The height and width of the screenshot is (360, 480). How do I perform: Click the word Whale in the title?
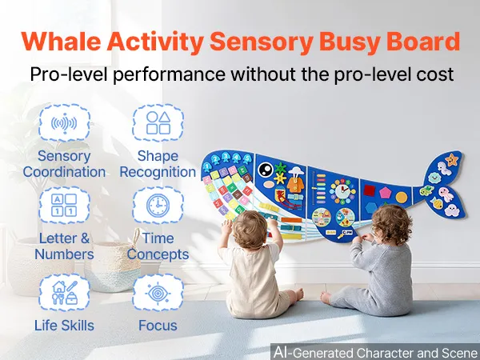[x=62, y=41]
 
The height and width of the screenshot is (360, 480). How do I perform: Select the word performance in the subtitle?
[x=169, y=74]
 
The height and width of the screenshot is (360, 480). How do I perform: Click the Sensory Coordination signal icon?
[x=64, y=123]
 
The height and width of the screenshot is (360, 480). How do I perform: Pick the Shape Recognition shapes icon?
[x=158, y=123]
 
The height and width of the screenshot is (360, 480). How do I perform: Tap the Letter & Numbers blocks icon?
[x=64, y=205]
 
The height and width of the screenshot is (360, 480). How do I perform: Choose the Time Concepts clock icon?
[x=158, y=205]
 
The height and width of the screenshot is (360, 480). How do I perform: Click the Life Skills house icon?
[x=64, y=292]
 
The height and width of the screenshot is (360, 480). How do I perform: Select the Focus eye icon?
[x=158, y=292]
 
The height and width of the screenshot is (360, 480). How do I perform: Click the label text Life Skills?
[x=64, y=326]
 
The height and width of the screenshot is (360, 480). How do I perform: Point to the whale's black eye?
[x=265, y=169]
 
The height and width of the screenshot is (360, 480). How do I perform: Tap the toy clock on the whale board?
[x=343, y=192]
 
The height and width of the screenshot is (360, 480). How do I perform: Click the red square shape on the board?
[x=370, y=190]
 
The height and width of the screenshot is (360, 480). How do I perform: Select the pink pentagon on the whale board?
[x=386, y=193]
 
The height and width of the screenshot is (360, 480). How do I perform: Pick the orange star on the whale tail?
[x=452, y=159]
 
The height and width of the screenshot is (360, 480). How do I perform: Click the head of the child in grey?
[x=392, y=224]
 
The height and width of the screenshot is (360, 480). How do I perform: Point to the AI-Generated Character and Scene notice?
[x=375, y=352]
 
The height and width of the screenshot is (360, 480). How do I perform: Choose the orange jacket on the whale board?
[x=296, y=185]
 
